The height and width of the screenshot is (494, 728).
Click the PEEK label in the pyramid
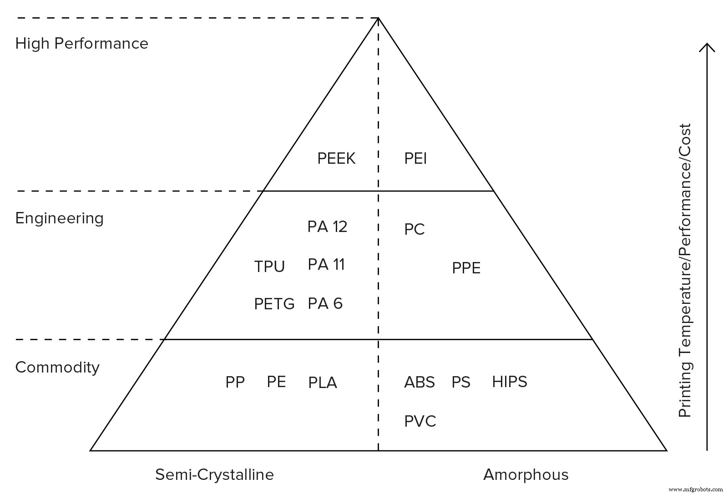click(336, 159)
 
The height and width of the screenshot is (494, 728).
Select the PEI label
click(415, 159)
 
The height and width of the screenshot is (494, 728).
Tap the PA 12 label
click(327, 227)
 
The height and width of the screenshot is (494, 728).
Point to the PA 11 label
click(326, 264)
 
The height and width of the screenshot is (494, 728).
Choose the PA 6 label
click(325, 303)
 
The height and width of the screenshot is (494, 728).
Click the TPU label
click(269, 267)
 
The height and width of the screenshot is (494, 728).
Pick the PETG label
click(274, 304)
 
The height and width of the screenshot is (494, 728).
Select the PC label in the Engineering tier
click(414, 229)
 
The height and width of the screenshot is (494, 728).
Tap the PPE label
click(466, 268)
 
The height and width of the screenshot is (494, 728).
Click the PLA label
click(323, 383)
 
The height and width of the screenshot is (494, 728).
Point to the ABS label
click(419, 382)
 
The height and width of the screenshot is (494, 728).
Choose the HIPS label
click(509, 382)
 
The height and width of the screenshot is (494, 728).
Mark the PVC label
click(420, 421)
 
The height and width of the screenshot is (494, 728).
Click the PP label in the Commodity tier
click(235, 382)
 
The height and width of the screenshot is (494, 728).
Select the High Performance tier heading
click(82, 44)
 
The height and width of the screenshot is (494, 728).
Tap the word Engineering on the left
click(59, 218)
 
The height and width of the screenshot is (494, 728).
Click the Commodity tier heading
click(57, 367)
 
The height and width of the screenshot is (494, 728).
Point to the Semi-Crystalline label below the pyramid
click(214, 475)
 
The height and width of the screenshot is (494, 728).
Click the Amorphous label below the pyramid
click(526, 475)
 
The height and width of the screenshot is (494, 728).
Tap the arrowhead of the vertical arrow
click(707, 46)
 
